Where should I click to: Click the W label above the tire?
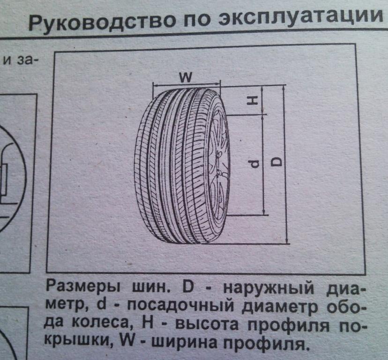coord(186,77)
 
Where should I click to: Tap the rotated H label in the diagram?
coord(254,100)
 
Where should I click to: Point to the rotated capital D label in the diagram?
coord(276,161)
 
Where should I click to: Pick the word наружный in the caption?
coord(269,289)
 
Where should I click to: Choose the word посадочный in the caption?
coord(180,305)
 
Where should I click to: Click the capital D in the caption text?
coord(188,287)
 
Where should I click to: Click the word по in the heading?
coord(199,21)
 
